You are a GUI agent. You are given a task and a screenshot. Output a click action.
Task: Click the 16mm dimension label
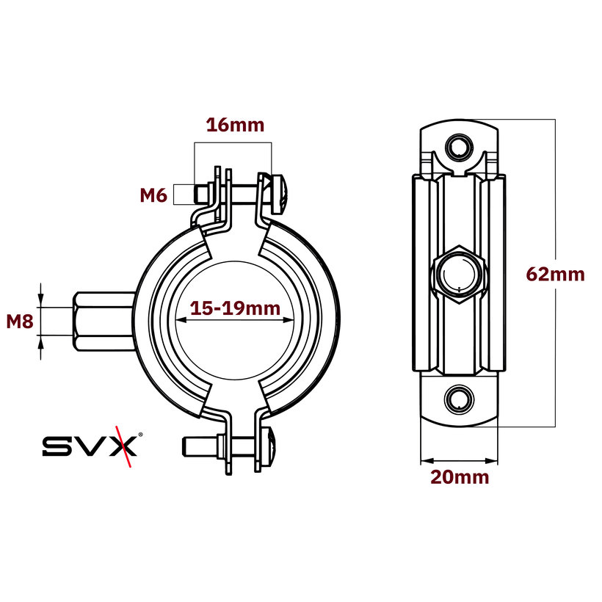[x=234, y=125]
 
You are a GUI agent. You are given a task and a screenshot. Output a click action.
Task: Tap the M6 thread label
[x=155, y=195]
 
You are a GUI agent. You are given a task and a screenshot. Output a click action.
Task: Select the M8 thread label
[x=19, y=321]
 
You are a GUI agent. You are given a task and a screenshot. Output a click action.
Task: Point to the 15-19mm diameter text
[x=235, y=308]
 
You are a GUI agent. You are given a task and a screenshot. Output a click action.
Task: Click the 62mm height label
[x=556, y=275]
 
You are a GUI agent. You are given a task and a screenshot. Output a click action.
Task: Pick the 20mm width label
[x=460, y=477]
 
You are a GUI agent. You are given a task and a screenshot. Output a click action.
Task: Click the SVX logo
[x=89, y=446]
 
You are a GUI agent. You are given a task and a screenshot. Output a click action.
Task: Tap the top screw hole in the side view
[x=460, y=147]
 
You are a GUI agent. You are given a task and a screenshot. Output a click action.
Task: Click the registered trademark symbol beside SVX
[x=141, y=435]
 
